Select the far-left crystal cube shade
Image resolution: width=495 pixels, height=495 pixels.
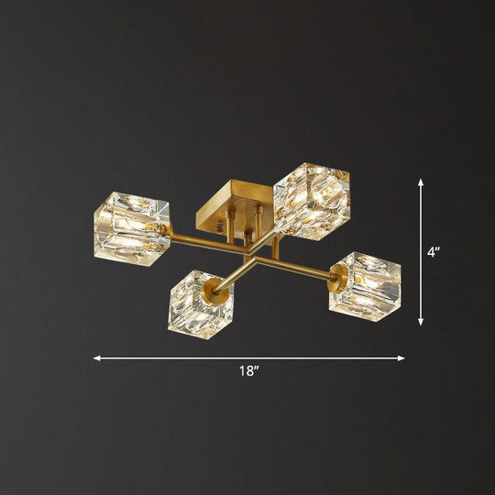131,225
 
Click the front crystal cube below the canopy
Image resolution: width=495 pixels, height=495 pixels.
200,303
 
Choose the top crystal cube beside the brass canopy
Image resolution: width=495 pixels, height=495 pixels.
311,201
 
